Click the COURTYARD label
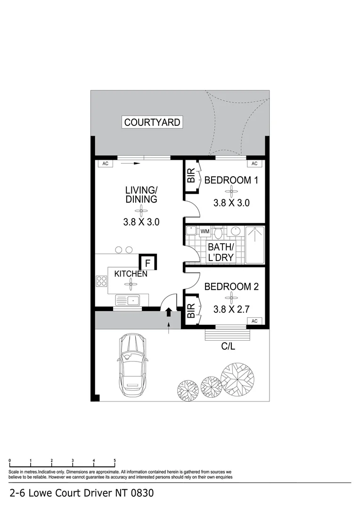(x=152, y=123)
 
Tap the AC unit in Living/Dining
(x=105, y=164)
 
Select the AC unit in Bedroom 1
(x=254, y=164)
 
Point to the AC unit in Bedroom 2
(x=254, y=321)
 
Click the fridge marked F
(x=147, y=263)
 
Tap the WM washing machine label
(x=205, y=231)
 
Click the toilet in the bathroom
(x=218, y=232)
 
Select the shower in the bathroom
(x=255, y=244)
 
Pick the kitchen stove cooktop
(x=101, y=281)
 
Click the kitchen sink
(x=127, y=300)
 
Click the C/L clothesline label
(x=229, y=346)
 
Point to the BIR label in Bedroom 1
(x=191, y=177)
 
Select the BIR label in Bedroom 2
(x=191, y=311)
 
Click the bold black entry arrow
(x=168, y=312)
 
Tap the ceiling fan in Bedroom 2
(x=231, y=297)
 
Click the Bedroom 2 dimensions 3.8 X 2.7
(x=231, y=310)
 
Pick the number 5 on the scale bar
(x=115, y=460)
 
